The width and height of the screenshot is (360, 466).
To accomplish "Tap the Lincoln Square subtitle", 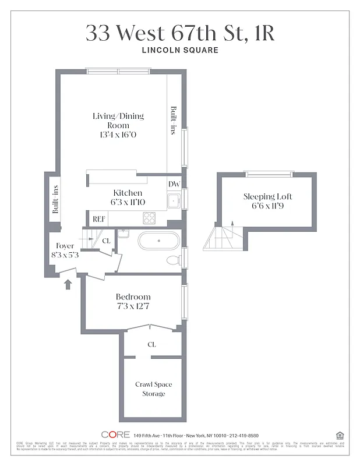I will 180,50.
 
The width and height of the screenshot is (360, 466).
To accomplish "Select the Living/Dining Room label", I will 118,121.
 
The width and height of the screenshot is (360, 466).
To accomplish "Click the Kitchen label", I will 128,193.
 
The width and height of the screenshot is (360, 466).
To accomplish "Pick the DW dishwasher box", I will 174,184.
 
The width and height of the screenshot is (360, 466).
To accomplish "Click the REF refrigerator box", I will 98,219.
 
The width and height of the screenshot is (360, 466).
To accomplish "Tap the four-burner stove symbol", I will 150,218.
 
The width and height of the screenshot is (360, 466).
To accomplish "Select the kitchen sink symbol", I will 173,202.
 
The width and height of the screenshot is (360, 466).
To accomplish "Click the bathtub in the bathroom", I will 158,241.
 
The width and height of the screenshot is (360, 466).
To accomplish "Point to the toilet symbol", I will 173,260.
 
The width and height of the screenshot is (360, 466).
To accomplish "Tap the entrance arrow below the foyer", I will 68,284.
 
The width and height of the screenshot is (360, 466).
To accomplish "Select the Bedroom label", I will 133,296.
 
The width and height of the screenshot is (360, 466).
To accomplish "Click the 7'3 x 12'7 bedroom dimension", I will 133,306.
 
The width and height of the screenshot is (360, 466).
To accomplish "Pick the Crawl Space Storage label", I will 153,389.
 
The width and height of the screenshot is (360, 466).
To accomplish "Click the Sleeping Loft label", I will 267,196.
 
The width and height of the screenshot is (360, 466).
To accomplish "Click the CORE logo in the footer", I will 115,435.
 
